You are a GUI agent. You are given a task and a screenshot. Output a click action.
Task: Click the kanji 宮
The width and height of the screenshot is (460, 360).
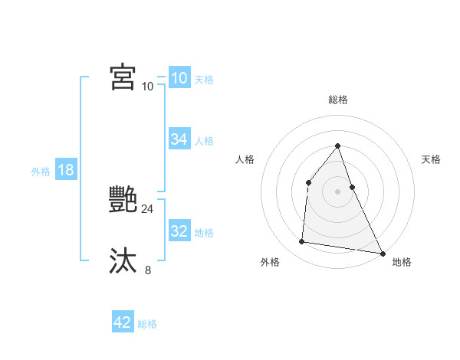(x=123, y=77)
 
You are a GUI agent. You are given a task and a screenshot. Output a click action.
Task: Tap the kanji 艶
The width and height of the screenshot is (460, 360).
(x=123, y=200)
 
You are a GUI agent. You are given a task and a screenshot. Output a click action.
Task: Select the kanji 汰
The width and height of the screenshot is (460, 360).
(x=123, y=261)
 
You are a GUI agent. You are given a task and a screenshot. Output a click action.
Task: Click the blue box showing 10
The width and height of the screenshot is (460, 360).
(x=179, y=78)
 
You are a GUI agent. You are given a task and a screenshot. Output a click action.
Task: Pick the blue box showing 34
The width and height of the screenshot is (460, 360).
(x=179, y=139)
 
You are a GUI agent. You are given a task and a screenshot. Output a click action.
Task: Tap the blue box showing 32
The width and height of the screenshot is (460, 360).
(x=179, y=231)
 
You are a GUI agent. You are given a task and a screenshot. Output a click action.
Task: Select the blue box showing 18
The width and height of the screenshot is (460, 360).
(x=66, y=170)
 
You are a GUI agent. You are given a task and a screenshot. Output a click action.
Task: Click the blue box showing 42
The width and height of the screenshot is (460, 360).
(x=123, y=322)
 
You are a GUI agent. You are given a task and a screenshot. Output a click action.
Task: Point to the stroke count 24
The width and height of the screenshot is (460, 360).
(x=147, y=208)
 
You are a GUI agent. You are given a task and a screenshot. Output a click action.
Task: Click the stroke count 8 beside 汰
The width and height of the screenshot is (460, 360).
(x=147, y=270)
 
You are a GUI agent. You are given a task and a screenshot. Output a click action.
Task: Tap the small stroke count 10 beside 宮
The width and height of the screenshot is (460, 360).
(x=147, y=86)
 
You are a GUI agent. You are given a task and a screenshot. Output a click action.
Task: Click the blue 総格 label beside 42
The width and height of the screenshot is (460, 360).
(x=147, y=324)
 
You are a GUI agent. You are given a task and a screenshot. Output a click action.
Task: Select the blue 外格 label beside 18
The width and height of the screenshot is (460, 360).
(x=41, y=172)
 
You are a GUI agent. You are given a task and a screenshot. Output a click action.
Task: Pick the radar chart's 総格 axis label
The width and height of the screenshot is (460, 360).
(x=337, y=100)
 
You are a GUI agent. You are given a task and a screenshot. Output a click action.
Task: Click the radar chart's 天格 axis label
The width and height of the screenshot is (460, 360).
(x=431, y=159)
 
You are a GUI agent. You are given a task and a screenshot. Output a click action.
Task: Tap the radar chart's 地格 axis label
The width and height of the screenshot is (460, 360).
(x=402, y=262)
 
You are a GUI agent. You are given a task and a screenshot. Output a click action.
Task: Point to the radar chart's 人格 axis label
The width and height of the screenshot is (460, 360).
(x=245, y=159)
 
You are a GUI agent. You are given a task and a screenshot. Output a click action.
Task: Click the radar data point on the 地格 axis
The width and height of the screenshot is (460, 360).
(x=382, y=253)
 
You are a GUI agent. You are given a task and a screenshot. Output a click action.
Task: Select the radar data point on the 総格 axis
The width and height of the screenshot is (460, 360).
(x=337, y=146)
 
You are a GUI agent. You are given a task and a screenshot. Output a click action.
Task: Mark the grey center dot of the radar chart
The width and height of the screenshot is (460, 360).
(x=337, y=191)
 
